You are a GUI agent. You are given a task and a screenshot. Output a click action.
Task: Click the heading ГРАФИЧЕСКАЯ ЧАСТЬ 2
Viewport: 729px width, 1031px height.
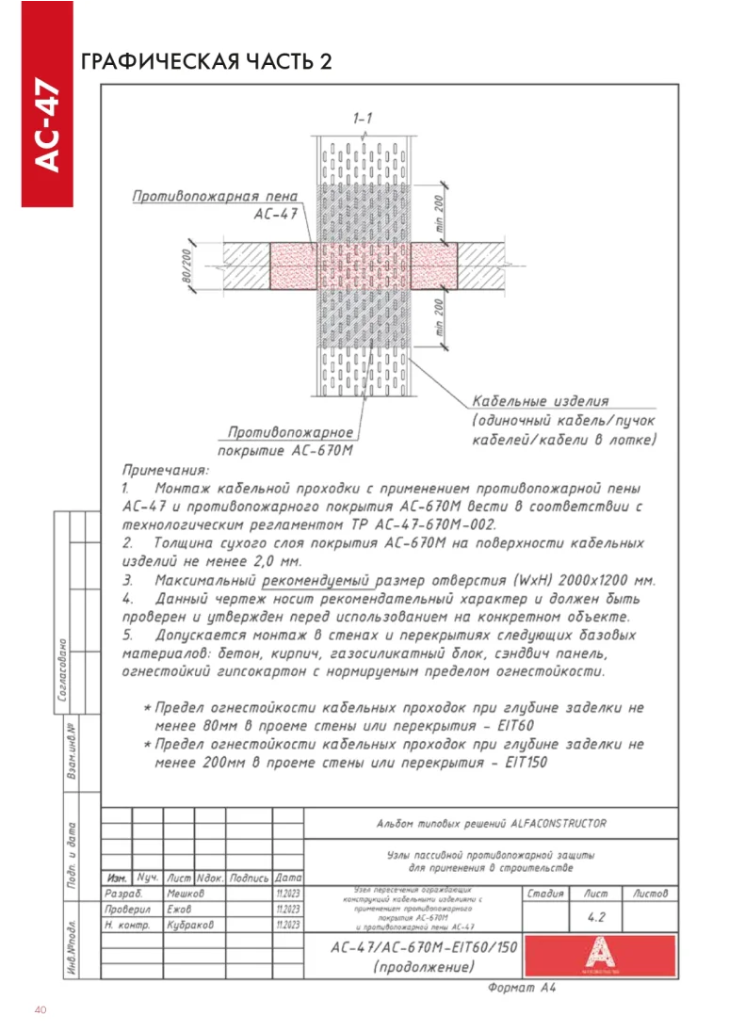point(207,62)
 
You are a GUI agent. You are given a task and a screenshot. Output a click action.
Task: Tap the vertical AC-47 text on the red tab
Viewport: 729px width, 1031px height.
point(47,127)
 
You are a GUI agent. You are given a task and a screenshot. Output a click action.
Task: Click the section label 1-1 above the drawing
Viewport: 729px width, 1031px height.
point(363,119)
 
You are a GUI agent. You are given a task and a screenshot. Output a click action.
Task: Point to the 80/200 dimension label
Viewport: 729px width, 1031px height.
point(186,266)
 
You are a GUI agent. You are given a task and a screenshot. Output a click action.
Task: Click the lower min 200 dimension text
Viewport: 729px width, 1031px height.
point(439,318)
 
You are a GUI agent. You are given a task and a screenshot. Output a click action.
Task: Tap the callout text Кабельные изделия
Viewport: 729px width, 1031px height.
point(541,401)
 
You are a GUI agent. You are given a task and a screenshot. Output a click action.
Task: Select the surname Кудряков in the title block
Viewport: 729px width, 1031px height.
point(190,926)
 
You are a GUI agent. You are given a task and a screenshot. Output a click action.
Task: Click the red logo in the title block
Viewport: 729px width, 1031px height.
point(600,954)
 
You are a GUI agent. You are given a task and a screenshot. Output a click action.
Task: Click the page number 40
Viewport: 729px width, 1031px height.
point(40,1010)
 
